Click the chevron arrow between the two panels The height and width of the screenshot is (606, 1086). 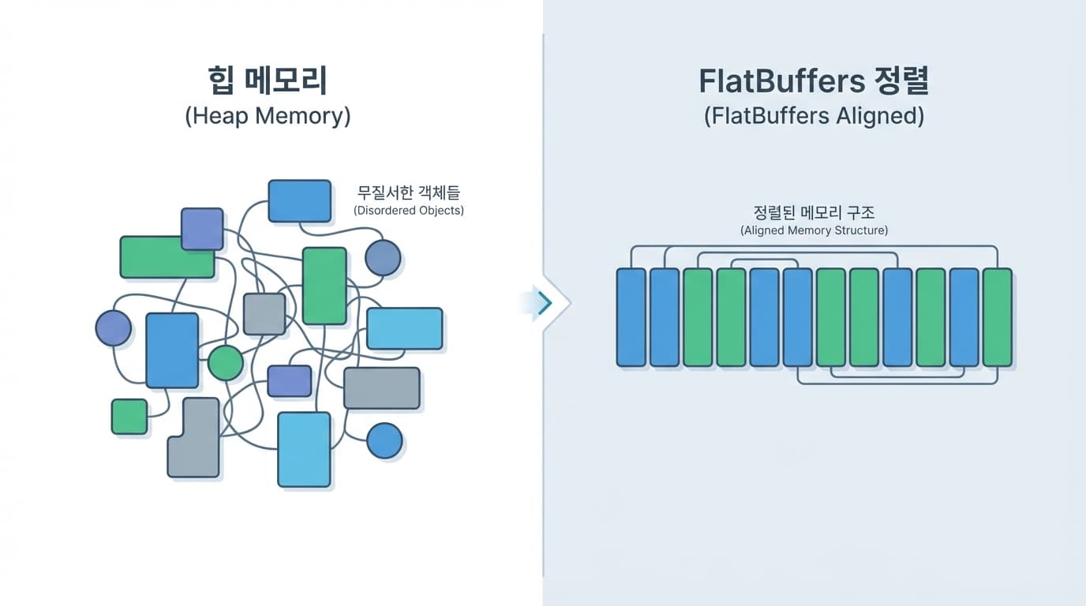pyautogui.click(x=545, y=302)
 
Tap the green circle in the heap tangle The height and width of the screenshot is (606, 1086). pyautogui.click(x=226, y=363)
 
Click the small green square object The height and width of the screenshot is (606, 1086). pyautogui.click(x=129, y=417)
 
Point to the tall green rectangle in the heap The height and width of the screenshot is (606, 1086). pyautogui.click(x=324, y=286)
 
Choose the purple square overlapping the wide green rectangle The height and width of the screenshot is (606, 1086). pyautogui.click(x=202, y=229)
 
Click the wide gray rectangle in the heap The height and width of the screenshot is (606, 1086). pyautogui.click(x=382, y=388)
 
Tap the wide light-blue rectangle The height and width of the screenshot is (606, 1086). pyautogui.click(x=404, y=328)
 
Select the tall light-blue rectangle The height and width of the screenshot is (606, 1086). pyautogui.click(x=304, y=449)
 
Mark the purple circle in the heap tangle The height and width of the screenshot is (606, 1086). pyautogui.click(x=113, y=328)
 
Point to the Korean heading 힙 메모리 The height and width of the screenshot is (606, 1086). pyautogui.click(x=268, y=82)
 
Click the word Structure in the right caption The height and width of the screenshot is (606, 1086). pyautogui.click(x=859, y=230)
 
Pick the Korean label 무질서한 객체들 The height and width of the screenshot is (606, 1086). pyautogui.click(x=409, y=193)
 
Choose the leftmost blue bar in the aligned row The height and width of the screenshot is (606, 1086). pyautogui.click(x=631, y=317)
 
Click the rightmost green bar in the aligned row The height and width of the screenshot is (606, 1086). pyautogui.click(x=997, y=317)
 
